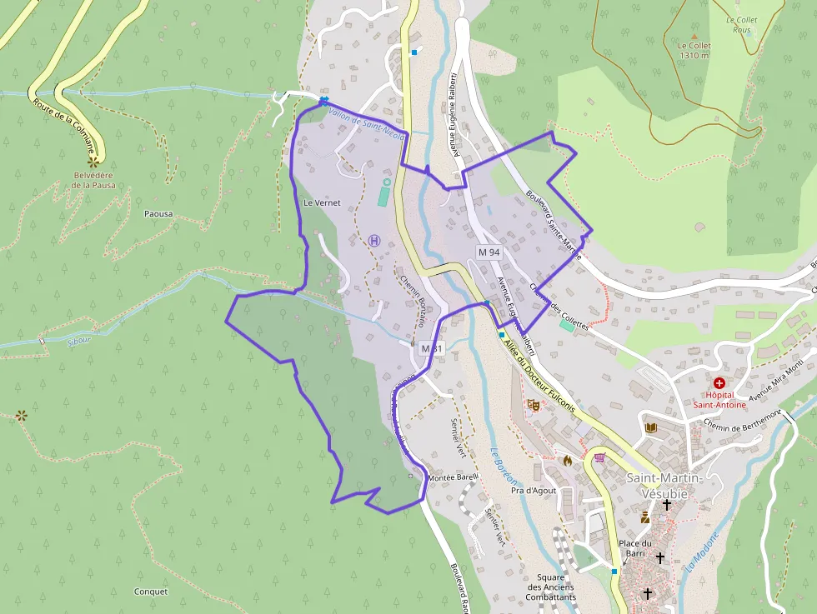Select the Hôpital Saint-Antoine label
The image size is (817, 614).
[719, 400]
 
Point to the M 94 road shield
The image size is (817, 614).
[489, 252]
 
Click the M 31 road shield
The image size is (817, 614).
[431, 348]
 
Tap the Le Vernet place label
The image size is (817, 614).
[322, 202]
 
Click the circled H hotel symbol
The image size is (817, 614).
[374, 240]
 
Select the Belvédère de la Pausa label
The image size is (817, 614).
[93, 180]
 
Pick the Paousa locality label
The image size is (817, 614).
[158, 214]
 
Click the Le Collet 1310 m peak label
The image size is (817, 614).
[694, 51]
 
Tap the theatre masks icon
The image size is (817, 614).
[534, 405]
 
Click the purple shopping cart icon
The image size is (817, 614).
[599, 457]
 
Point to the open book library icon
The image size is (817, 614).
[651, 427]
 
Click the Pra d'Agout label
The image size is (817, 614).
[534, 492]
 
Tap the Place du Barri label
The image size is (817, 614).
[635, 549]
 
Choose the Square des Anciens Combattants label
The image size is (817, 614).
[551, 587]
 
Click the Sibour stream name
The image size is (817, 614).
[79, 340]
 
